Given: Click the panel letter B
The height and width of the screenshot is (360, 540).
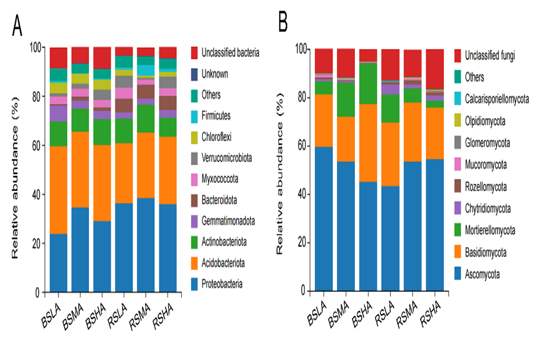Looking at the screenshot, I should (282, 22).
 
